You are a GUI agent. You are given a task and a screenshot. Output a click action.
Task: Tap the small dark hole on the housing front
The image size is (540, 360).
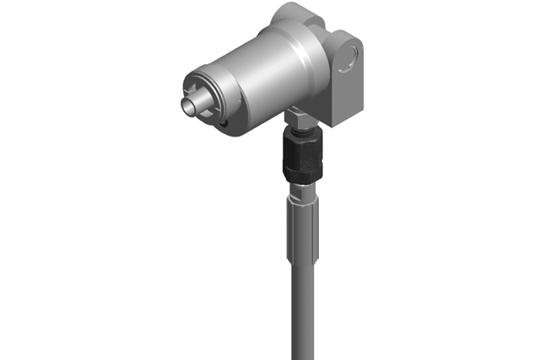(x=224, y=126)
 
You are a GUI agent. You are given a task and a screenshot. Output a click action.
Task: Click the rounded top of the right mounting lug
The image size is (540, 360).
(x=348, y=34)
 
